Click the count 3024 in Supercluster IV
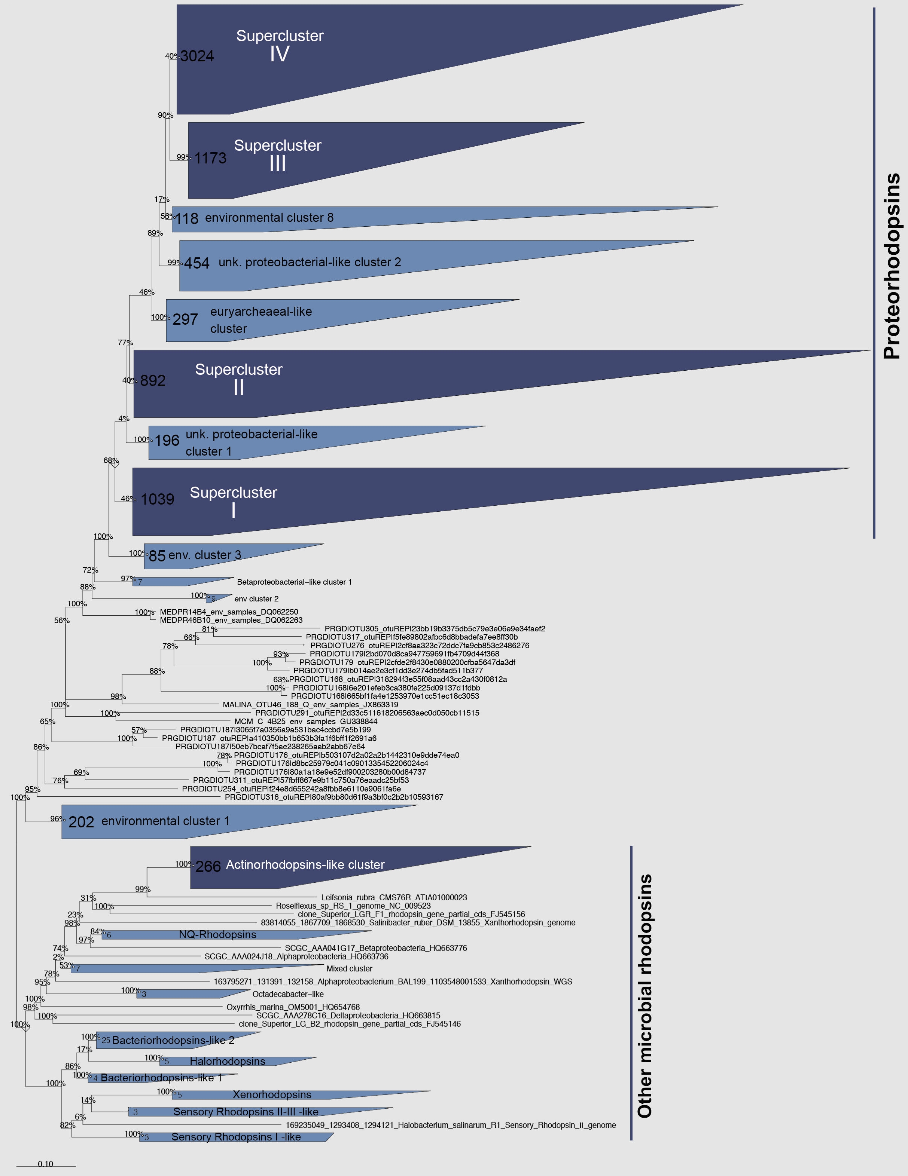point(197,56)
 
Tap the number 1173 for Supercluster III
point(210,158)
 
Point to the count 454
point(197,263)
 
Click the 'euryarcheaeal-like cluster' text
point(261,320)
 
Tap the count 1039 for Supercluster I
point(157,499)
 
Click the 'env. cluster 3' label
point(205,555)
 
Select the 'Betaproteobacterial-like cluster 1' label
point(294,582)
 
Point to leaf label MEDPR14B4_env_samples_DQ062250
point(229,612)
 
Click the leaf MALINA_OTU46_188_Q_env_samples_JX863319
point(310,705)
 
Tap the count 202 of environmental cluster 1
point(81,822)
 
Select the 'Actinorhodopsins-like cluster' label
point(305,865)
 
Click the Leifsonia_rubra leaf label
point(394,898)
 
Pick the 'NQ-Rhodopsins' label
point(218,935)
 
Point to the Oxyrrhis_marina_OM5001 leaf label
point(293,1007)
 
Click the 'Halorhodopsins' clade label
point(228,1061)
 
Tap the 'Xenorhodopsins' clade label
point(272,1095)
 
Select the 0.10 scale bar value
point(45,1164)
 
